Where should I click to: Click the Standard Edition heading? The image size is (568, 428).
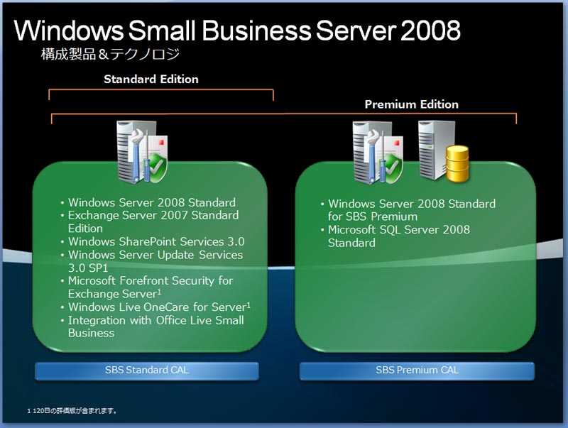(x=151, y=79)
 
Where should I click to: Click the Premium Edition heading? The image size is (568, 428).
(x=412, y=104)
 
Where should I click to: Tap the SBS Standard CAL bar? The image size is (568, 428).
(x=147, y=371)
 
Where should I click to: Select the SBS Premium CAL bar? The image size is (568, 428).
(x=417, y=371)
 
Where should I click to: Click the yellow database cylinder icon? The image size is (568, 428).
(x=457, y=163)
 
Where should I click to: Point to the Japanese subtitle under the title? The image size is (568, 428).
(x=110, y=55)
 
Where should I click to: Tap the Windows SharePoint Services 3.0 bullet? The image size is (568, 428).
(x=156, y=241)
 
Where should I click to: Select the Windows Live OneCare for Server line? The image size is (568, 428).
(x=159, y=307)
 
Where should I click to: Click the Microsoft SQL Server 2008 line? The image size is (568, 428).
(x=399, y=229)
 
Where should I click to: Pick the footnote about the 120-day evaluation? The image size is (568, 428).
(x=72, y=411)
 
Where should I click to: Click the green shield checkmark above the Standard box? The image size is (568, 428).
(x=158, y=167)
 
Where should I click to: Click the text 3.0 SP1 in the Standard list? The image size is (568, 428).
(x=88, y=268)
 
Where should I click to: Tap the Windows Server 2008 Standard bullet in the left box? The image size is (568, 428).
(x=152, y=202)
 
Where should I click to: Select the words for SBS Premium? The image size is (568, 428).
(x=373, y=216)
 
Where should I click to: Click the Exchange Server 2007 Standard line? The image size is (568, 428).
(x=153, y=216)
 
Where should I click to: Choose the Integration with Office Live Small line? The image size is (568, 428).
(x=155, y=320)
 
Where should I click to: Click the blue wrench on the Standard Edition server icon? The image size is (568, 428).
(x=136, y=154)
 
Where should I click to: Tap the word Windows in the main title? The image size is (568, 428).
(x=68, y=30)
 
